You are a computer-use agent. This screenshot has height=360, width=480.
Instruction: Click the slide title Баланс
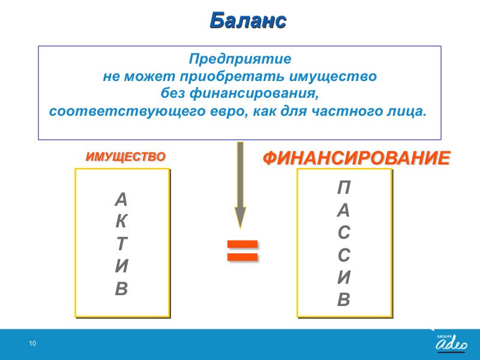[248, 21]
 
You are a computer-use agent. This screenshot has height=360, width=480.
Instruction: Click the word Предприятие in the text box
[239, 59]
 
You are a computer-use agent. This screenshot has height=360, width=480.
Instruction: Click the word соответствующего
[128, 111]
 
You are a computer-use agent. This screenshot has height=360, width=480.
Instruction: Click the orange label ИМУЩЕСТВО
[125, 157]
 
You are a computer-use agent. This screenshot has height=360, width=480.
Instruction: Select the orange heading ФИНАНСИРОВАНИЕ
[356, 158]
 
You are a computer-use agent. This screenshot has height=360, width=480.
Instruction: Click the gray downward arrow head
[241, 217]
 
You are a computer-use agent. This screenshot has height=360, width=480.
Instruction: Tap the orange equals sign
[242, 251]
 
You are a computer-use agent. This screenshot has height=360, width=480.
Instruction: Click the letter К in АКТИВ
[121, 221]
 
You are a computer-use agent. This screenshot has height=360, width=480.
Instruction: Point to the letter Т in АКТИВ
[122, 244]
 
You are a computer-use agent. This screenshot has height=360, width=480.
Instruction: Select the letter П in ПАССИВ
[344, 187]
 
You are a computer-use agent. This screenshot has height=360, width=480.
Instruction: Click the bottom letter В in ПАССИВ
[344, 299]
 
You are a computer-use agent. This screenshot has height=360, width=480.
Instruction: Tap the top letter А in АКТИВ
[121, 200]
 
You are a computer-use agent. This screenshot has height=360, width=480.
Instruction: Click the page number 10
[32, 343]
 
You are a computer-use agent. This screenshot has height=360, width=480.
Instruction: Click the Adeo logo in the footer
[452, 343]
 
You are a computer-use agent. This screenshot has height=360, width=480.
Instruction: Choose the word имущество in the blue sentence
[333, 76]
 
